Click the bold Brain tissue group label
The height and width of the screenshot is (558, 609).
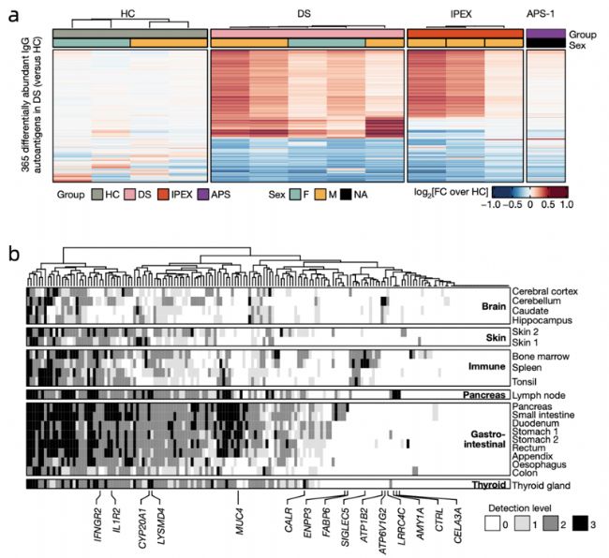[490, 305]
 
